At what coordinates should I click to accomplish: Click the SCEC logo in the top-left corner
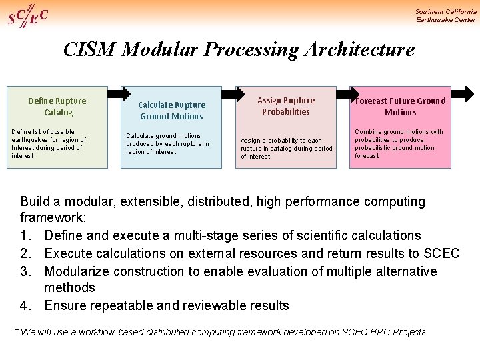[27, 15]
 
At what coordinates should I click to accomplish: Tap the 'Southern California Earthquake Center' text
[445, 15]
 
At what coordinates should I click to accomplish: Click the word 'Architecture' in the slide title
[359, 49]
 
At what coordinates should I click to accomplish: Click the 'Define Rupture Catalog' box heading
[57, 107]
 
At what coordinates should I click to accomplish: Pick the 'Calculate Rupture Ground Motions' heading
[171, 111]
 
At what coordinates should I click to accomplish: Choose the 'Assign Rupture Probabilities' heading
[286, 106]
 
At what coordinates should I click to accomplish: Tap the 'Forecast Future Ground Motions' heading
[400, 107]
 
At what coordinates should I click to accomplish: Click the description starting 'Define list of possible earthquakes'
[49, 144]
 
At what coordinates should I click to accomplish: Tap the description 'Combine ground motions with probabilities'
[399, 144]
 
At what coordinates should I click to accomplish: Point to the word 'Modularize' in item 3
[78, 271]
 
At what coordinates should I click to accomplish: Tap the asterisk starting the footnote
[17, 331]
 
